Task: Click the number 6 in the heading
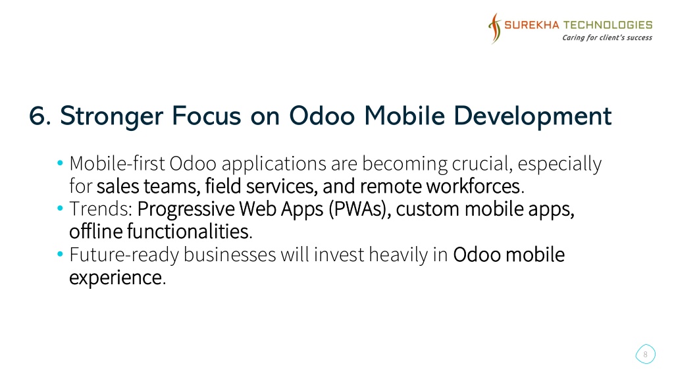click(x=38, y=116)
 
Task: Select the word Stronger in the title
click(x=112, y=117)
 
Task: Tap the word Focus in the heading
click(x=206, y=116)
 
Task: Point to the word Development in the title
click(x=532, y=117)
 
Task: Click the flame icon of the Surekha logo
click(x=495, y=28)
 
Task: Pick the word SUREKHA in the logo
click(x=532, y=25)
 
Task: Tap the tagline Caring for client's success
click(x=607, y=38)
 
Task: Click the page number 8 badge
click(x=645, y=355)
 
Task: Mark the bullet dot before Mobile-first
click(x=60, y=163)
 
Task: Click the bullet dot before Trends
click(x=60, y=209)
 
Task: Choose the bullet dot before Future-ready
click(x=60, y=254)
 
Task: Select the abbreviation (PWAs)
click(x=360, y=209)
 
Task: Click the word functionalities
click(x=188, y=231)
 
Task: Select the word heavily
click(x=398, y=255)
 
